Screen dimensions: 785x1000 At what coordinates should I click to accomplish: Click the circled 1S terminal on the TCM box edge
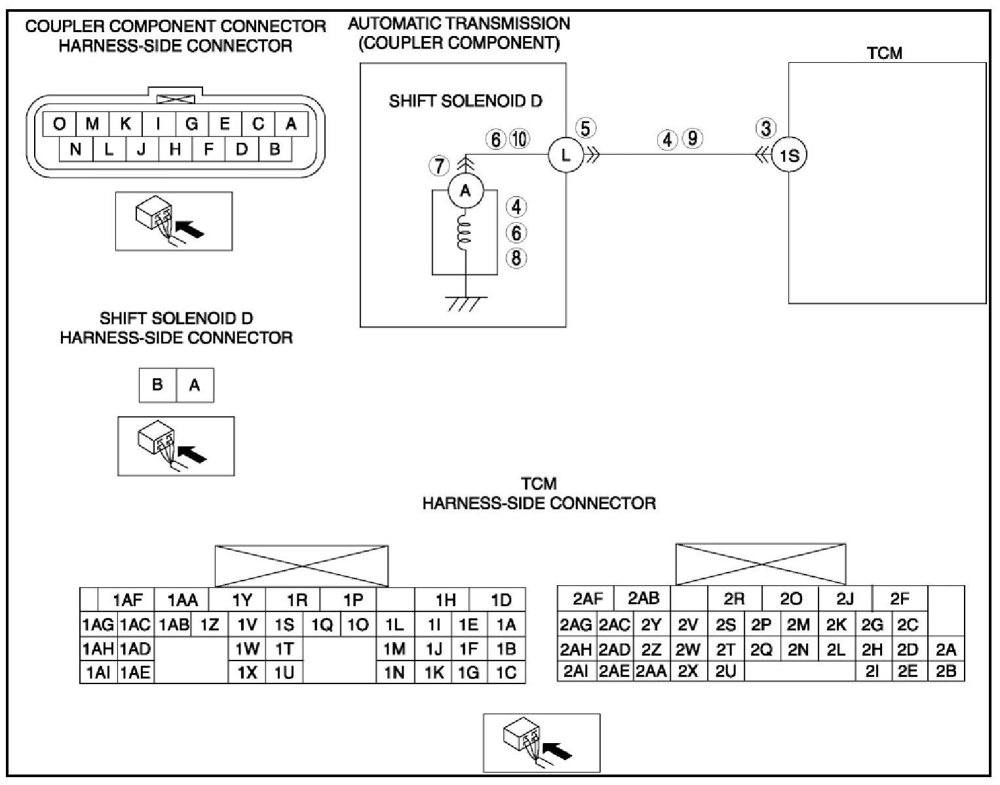tap(789, 156)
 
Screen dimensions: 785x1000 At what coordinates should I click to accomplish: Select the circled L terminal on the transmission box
tap(566, 155)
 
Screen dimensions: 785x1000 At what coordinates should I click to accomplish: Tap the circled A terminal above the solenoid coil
tap(465, 191)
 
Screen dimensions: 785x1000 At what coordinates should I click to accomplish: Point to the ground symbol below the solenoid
tap(465, 303)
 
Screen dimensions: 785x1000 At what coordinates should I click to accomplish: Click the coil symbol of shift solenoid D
tap(465, 233)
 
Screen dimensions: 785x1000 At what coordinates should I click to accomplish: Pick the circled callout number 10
tap(519, 139)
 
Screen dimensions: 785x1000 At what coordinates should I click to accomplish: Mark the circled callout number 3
tap(765, 128)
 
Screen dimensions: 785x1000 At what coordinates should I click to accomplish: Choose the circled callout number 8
tap(516, 258)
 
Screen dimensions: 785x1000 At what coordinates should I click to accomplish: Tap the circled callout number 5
tap(586, 128)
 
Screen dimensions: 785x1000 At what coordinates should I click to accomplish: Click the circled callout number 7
tap(439, 166)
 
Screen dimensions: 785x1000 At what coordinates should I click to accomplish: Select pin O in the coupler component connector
tap(59, 124)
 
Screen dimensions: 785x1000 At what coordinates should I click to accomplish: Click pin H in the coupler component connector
tap(175, 149)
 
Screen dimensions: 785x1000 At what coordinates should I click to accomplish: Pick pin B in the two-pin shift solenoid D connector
tap(157, 385)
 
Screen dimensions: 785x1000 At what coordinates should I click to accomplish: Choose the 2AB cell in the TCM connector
tap(644, 598)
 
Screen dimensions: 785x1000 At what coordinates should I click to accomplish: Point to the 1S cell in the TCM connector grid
tap(284, 625)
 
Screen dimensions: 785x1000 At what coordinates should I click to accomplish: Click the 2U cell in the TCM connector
tap(725, 671)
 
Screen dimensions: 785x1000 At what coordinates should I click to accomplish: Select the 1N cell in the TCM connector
tap(394, 672)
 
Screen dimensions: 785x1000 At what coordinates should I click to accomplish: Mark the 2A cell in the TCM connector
tap(946, 649)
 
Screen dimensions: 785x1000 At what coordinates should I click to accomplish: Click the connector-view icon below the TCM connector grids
tap(541, 743)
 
